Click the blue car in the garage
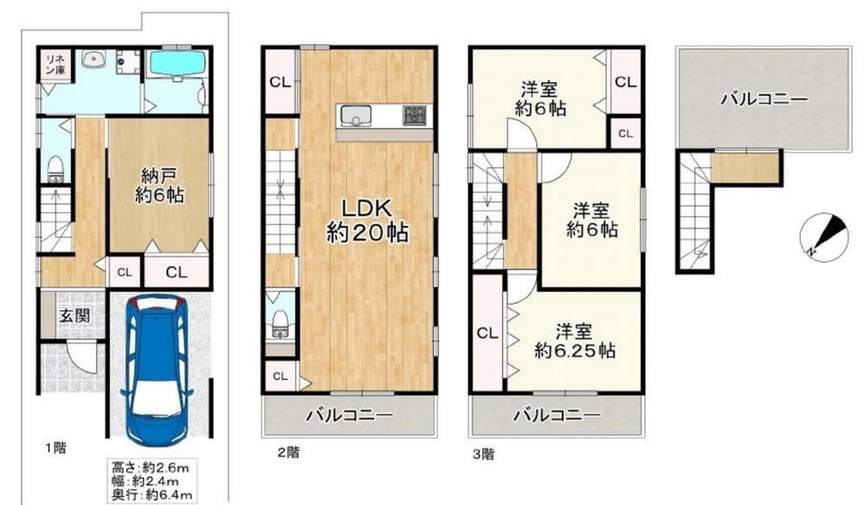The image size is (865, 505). pyautogui.click(x=158, y=370)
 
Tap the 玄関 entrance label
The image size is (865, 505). pyautogui.click(x=74, y=315)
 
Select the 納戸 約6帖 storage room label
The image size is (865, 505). pyautogui.click(x=158, y=185)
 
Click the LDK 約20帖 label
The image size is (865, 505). pyautogui.click(x=367, y=221)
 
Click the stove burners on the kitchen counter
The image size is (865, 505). pyautogui.click(x=417, y=115)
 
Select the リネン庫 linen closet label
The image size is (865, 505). pyautogui.click(x=55, y=63)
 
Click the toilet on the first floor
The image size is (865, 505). pyautogui.click(x=55, y=168)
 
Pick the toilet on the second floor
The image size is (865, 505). pyautogui.click(x=281, y=324)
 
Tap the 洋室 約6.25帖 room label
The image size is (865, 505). pyautogui.click(x=574, y=341)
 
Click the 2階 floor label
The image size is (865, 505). pyautogui.click(x=288, y=453)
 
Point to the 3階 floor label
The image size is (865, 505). pyautogui.click(x=483, y=454)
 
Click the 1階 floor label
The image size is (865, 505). pyautogui.click(x=55, y=448)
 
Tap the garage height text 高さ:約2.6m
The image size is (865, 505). pyautogui.click(x=151, y=468)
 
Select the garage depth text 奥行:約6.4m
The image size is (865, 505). pyautogui.click(x=152, y=495)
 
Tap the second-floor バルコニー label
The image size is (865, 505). pyautogui.click(x=351, y=415)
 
